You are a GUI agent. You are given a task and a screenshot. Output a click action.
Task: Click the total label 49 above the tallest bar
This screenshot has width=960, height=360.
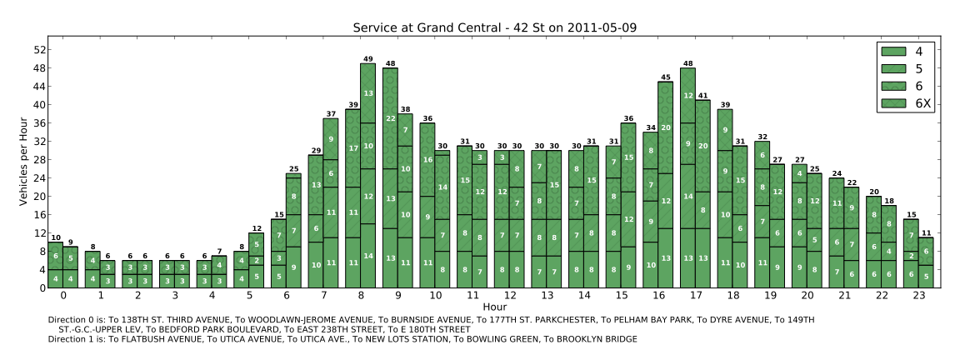point(367,59)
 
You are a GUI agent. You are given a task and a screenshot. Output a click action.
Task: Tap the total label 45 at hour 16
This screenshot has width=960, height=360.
point(666,77)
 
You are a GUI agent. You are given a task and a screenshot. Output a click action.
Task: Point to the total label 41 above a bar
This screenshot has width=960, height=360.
point(702,96)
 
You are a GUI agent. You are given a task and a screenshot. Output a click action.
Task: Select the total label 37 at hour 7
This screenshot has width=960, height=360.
point(331,114)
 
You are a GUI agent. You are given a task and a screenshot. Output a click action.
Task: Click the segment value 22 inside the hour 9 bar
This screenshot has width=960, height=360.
point(390,118)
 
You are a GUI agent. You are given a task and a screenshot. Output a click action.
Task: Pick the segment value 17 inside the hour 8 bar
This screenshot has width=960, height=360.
point(353,148)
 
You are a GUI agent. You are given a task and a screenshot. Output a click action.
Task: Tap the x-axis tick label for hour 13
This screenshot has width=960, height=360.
point(547,296)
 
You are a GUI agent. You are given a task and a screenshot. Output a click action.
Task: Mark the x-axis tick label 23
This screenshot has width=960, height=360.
point(919,296)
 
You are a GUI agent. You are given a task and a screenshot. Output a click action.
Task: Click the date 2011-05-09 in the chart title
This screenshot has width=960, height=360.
point(597,28)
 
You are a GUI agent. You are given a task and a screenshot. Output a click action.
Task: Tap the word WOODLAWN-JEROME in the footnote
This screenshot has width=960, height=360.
point(251,320)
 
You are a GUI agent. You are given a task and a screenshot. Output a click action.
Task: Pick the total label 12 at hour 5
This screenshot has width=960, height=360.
point(256,228)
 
